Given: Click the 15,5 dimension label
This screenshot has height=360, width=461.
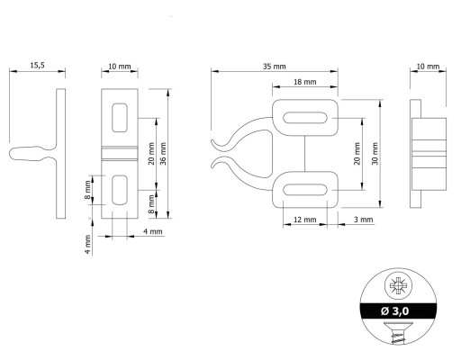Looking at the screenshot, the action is click(37, 65).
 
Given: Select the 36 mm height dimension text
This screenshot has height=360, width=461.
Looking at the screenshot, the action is click(163, 153).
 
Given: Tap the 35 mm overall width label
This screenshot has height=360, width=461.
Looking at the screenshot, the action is click(275, 67).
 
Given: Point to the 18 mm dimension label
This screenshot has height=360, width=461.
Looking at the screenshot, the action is click(304, 82).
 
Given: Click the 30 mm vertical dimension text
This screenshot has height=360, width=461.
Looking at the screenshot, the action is click(375, 153).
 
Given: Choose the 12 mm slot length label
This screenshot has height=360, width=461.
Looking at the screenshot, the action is click(304, 220).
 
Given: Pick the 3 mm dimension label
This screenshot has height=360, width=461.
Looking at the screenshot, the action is click(363, 220).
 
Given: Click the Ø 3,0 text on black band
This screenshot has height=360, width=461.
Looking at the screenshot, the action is click(394, 311).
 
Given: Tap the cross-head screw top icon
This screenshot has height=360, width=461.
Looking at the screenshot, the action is click(398, 285).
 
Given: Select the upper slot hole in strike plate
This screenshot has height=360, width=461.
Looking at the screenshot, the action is click(120, 118).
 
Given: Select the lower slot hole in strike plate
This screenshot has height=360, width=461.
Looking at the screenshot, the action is click(120, 190).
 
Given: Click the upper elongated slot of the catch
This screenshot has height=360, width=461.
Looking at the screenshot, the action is click(305, 118).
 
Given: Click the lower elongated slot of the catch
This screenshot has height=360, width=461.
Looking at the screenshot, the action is click(305, 190).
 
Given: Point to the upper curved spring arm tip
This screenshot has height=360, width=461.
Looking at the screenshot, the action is click(212, 141).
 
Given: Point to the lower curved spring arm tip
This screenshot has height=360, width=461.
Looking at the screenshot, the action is click(212, 166).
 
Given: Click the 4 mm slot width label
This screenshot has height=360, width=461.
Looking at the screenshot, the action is click(153, 231).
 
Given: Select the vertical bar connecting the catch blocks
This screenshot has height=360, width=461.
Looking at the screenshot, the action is click(305, 153).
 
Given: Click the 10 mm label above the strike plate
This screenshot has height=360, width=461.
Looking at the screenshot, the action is click(120, 66).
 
